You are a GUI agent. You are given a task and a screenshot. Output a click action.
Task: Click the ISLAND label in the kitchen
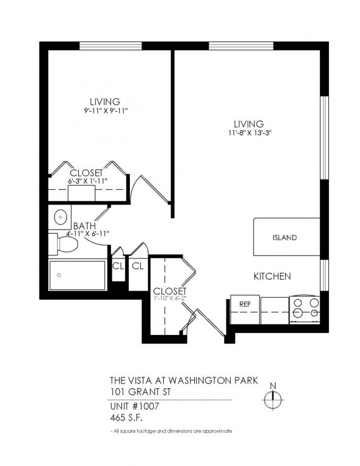click(x=284, y=237)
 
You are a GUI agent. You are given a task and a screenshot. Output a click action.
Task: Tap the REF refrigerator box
click(x=245, y=304)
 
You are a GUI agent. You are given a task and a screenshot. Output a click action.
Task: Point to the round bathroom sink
click(x=60, y=217)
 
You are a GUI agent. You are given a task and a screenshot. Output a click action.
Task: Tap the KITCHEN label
click(x=272, y=276)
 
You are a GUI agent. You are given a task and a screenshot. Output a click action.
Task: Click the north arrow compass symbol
click(x=273, y=398)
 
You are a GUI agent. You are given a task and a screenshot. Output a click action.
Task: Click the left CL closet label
click(x=118, y=266)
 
